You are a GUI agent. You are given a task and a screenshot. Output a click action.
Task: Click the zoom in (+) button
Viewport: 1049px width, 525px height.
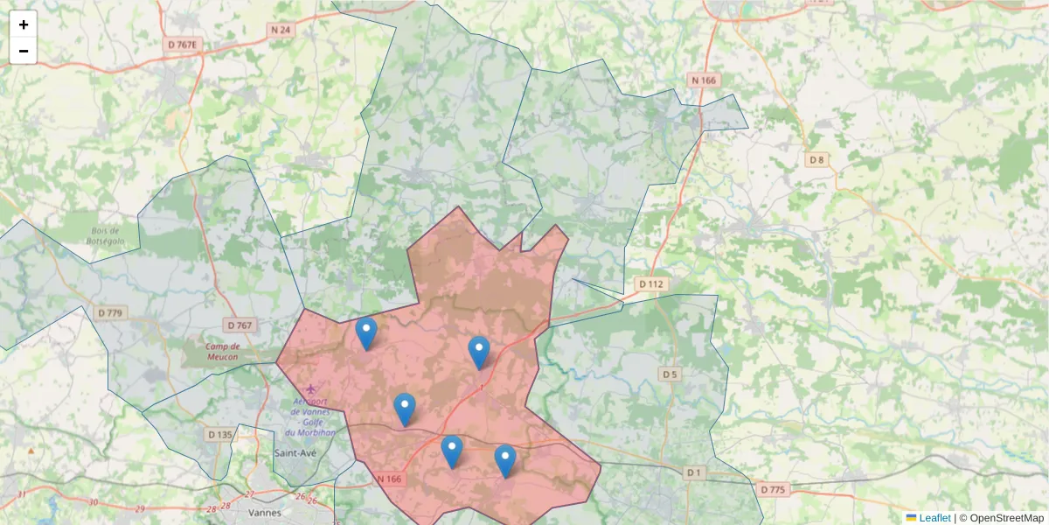click(24, 24)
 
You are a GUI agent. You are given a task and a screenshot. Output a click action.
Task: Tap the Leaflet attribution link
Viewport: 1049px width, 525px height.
click(934, 518)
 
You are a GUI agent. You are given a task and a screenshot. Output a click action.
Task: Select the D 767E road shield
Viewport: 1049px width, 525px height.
click(183, 43)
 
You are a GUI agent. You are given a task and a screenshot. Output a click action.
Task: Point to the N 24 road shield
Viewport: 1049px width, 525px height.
click(281, 30)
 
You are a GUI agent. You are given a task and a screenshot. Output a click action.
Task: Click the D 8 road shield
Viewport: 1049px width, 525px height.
click(816, 159)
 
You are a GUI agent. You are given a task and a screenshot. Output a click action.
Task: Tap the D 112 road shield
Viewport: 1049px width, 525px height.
click(651, 283)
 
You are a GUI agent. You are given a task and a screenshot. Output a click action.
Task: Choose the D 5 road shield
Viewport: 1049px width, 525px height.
click(670, 374)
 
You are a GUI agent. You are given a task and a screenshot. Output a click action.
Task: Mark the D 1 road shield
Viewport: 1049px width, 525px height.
click(693, 472)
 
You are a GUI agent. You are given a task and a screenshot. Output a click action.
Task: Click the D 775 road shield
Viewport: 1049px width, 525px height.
click(773, 489)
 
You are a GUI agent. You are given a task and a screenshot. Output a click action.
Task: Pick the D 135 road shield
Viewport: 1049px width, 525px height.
click(220, 434)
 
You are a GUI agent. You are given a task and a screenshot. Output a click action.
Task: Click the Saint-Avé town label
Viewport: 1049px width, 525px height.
click(295, 453)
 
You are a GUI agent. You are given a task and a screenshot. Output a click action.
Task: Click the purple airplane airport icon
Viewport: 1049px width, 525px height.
click(313, 388)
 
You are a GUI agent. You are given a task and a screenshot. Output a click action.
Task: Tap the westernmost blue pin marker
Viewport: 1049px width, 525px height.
click(366, 332)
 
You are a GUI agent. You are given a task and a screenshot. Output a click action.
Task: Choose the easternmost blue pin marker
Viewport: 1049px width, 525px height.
click(505, 459)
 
